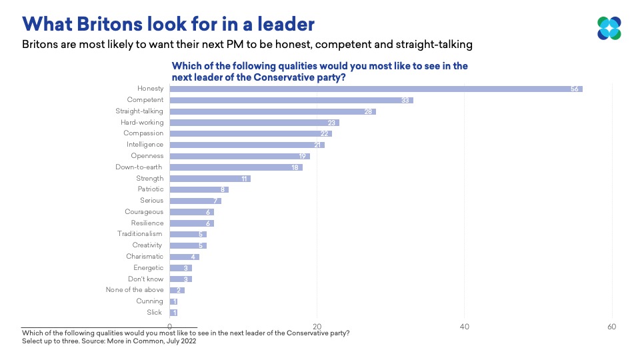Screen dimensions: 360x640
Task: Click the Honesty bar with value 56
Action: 376,89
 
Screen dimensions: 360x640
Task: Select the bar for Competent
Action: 291,100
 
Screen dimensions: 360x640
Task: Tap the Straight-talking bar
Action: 273,111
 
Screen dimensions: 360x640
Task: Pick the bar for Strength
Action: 210,179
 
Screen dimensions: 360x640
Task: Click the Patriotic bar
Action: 199,189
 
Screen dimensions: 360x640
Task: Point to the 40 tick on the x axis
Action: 465,327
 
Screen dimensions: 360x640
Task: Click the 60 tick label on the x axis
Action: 611,327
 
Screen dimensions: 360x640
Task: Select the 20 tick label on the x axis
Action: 317,327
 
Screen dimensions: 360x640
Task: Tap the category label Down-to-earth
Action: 139,167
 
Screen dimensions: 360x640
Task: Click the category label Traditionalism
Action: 140,234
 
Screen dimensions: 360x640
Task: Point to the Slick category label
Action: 155,312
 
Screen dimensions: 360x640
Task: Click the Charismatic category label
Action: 145,257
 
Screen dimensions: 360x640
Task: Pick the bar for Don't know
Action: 181,279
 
